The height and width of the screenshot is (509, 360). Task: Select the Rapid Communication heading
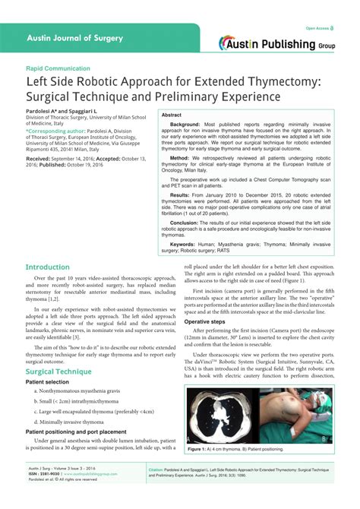(58, 68)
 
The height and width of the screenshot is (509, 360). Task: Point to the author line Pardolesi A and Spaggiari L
(58, 111)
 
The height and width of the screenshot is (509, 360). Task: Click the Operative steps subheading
(207, 322)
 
